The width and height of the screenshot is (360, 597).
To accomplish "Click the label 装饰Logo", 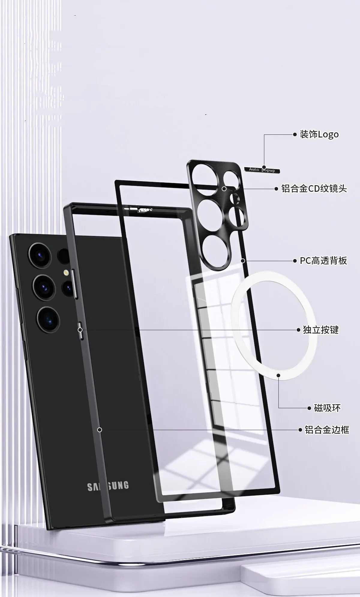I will pyautogui.click(x=319, y=134).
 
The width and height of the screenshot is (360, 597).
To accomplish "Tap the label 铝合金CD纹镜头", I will pyautogui.click(x=314, y=189).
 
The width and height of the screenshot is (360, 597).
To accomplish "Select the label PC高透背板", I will pyautogui.click(x=323, y=261).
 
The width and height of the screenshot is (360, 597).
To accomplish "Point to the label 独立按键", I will pyautogui.click(x=320, y=330).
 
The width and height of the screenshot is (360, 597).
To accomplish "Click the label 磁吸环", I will pyautogui.click(x=327, y=408).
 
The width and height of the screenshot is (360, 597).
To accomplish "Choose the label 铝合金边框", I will pyautogui.click(x=327, y=430).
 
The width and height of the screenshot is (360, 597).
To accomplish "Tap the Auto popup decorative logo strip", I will pyautogui.click(x=262, y=170).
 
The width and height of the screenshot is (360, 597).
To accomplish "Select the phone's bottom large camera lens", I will pyautogui.click(x=48, y=319).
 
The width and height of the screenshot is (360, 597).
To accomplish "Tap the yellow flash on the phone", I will pyautogui.click(x=65, y=273).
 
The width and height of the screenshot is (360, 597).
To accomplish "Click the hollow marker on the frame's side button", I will pyautogui.click(x=80, y=330).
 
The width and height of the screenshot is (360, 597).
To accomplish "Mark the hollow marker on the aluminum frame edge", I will pyautogui.click(x=100, y=430).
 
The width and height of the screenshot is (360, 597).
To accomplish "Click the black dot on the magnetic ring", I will pyautogui.click(x=278, y=375).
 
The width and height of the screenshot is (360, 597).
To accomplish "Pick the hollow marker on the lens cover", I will pyautogui.click(x=224, y=189).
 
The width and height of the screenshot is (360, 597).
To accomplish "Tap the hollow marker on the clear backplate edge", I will pyautogui.click(x=243, y=261).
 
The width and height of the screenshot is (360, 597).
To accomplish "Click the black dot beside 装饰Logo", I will pyautogui.click(x=295, y=134).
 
